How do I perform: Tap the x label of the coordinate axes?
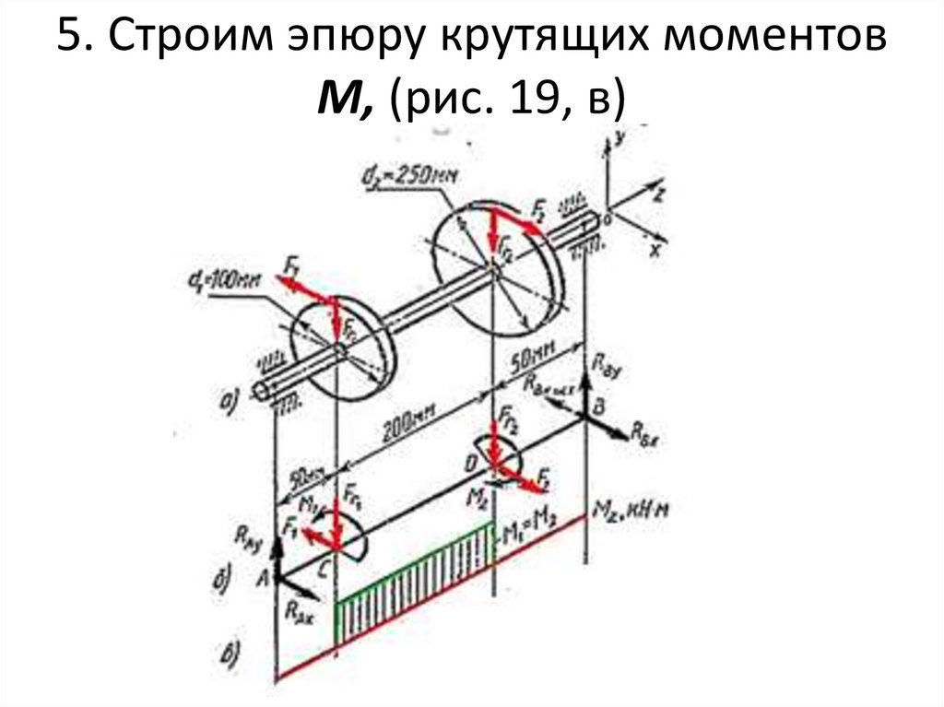(655, 250)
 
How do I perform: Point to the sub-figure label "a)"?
(229, 398)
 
